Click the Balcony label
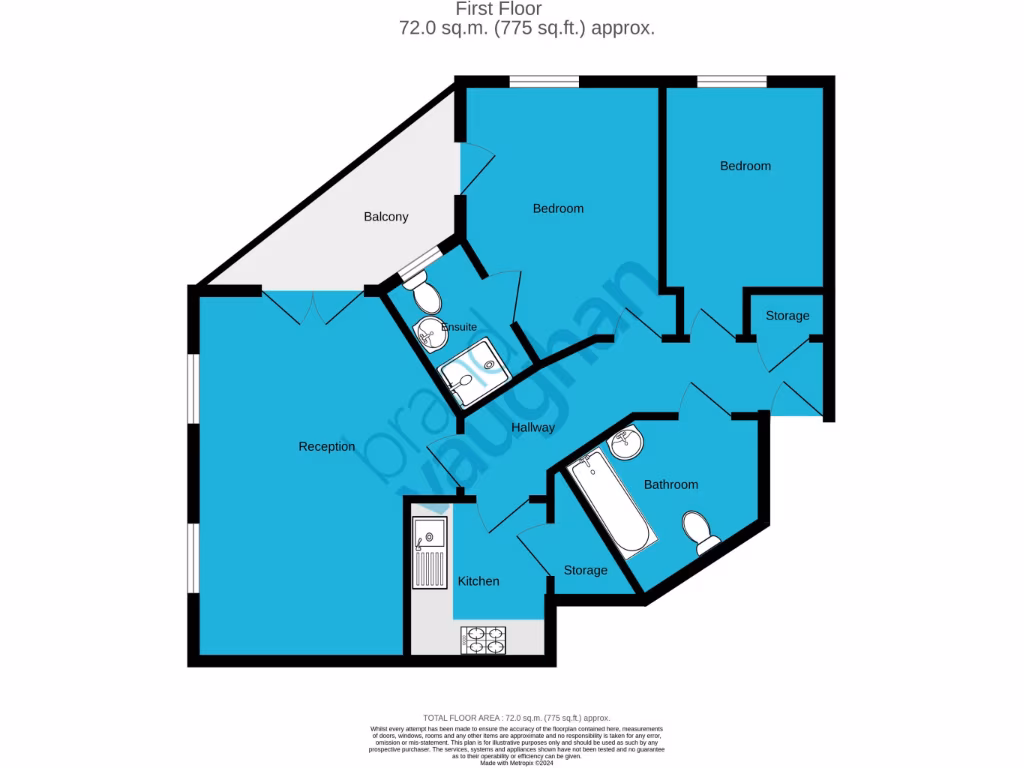[x=386, y=217]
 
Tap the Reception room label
[x=327, y=446]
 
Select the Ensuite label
[x=460, y=327]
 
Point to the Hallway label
[x=533, y=428]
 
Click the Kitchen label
[x=478, y=581]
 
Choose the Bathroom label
[x=670, y=484]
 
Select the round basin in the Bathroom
[x=627, y=443]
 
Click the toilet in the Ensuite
[x=423, y=292]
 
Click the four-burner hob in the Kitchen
[x=483, y=639]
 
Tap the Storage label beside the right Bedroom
[x=787, y=316]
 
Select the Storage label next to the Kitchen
[x=585, y=570]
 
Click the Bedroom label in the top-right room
[x=745, y=166]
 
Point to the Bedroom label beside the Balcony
[x=558, y=208]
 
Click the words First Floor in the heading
[x=513, y=9]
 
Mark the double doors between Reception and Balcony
[x=313, y=309]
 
